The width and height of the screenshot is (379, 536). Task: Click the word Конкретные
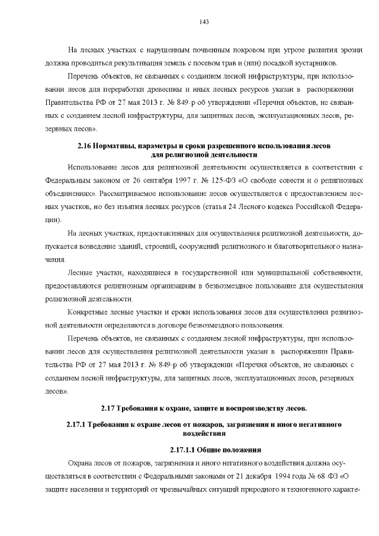[89, 311]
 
